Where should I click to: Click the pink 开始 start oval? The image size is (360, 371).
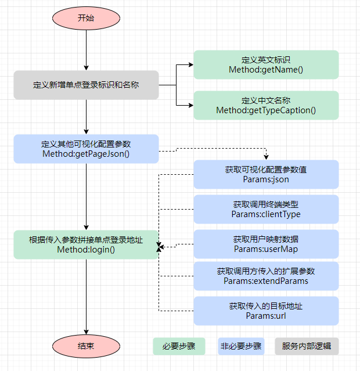pyautogui.click(x=86, y=18)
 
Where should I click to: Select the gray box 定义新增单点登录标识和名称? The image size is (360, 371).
pyautogui.click(x=86, y=85)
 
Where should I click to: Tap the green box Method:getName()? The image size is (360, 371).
pyautogui.click(x=266, y=64)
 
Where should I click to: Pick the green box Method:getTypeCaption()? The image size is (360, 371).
pyautogui.click(x=266, y=105)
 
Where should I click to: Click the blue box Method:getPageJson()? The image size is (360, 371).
pyautogui.click(x=86, y=149)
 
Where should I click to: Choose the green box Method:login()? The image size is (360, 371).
pyautogui.click(x=86, y=244)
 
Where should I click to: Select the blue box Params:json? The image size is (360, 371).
pyautogui.click(x=266, y=175)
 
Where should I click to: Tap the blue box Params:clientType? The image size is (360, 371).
pyautogui.click(x=266, y=210)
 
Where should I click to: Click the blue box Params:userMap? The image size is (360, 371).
pyautogui.click(x=266, y=244)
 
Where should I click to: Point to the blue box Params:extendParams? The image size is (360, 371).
pyautogui.click(x=266, y=276)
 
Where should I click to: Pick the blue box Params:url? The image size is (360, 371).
pyautogui.click(x=266, y=311)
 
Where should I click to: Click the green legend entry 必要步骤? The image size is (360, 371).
pyautogui.click(x=179, y=347)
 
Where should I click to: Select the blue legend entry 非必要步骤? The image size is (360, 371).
pyautogui.click(x=241, y=347)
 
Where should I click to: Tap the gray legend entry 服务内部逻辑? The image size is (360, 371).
pyautogui.click(x=307, y=347)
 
